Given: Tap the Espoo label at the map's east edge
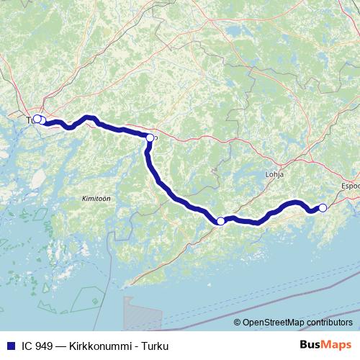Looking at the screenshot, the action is tap(350, 186).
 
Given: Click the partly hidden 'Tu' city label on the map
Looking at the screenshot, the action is tap(30, 120).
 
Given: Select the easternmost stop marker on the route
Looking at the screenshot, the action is tap(323, 207).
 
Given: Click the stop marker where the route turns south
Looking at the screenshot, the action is tap(150, 138).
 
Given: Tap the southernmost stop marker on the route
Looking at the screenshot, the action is tap(220, 221).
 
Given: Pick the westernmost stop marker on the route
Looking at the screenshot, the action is tap(37, 119).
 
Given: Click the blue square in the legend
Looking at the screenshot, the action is tap(9, 346).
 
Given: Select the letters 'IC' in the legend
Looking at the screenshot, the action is tap(25, 346).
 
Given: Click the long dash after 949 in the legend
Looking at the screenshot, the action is tap(63, 346).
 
